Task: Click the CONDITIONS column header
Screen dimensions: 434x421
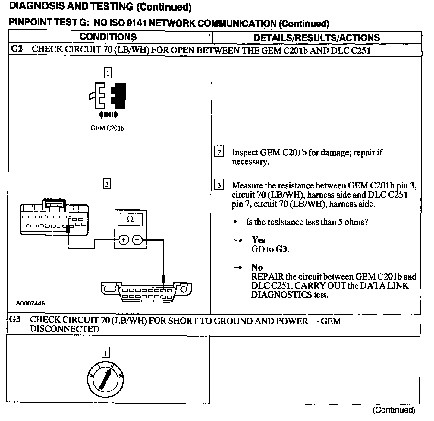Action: [108, 37]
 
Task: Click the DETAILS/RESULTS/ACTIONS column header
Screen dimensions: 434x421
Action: [316, 38]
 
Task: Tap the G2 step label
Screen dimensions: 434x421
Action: [17, 49]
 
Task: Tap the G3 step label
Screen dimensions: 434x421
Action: [15, 320]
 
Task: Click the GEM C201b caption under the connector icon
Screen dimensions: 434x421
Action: [107, 128]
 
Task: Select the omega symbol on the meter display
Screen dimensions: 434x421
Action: [130, 219]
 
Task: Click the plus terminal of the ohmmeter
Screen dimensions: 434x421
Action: [123, 240]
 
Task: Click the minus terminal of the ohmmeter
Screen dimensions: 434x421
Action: [137, 240]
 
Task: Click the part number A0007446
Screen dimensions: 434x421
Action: [30, 303]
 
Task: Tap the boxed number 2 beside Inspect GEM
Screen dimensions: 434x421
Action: [219, 152]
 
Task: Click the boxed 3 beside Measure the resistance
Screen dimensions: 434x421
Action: [219, 185]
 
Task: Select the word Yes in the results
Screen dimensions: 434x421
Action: [258, 240]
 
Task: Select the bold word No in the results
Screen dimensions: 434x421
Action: [257, 267]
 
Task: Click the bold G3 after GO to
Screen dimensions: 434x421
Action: [281, 249]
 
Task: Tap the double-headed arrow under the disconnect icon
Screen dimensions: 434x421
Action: [108, 115]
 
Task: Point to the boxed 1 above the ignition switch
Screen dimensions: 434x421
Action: [105, 352]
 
